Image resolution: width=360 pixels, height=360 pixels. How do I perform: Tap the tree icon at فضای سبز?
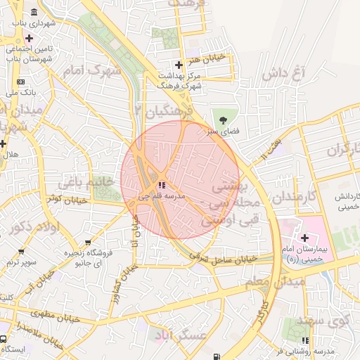tap(224, 118)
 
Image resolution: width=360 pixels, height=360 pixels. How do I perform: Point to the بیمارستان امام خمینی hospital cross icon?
tap(304, 238)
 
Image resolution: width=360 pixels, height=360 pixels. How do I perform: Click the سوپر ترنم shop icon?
tap(22, 251)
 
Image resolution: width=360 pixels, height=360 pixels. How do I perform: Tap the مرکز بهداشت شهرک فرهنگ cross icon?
tap(179, 65)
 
